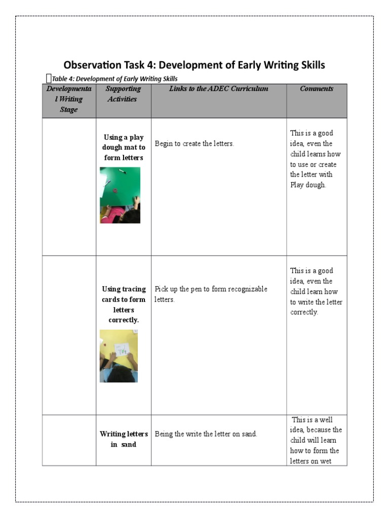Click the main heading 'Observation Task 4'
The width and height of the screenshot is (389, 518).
194,65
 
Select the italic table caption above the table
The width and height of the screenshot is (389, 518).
114,78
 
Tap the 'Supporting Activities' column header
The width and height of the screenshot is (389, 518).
123,94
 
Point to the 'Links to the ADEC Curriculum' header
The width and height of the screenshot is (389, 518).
218,89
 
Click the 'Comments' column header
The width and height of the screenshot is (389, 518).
317,89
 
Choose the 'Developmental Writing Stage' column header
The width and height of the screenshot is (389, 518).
69,99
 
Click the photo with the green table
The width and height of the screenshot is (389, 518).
120,195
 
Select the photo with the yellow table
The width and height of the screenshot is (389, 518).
119,356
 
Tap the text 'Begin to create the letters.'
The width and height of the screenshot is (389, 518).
194,144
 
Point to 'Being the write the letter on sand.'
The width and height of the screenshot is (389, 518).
206,434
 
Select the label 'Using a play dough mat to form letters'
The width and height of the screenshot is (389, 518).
124,147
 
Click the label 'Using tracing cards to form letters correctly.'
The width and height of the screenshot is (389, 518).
124,305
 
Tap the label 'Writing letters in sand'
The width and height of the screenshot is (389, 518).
124,439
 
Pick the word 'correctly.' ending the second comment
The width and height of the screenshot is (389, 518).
304,312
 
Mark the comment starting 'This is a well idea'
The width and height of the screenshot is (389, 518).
316,440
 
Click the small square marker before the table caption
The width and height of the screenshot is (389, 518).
48,78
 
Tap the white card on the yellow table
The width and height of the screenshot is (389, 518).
122,349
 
